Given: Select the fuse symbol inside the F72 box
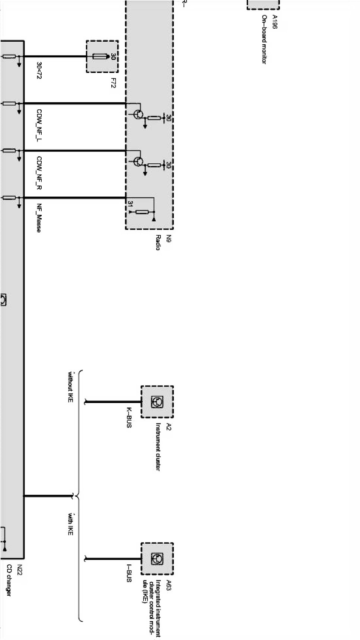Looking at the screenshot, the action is pyautogui.click(x=101, y=57).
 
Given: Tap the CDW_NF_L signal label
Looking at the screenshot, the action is pyautogui.click(x=39, y=125).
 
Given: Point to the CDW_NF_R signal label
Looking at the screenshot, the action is pyautogui.click(x=39, y=173).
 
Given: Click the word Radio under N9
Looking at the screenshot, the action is pyautogui.click(x=158, y=243).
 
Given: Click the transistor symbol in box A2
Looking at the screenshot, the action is pyautogui.click(x=157, y=402).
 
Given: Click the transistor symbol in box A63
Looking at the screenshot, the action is pyautogui.click(x=157, y=559).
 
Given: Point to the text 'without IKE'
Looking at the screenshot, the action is pyautogui.click(x=70, y=387).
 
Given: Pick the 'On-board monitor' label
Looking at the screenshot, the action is pyautogui.click(x=264, y=39).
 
